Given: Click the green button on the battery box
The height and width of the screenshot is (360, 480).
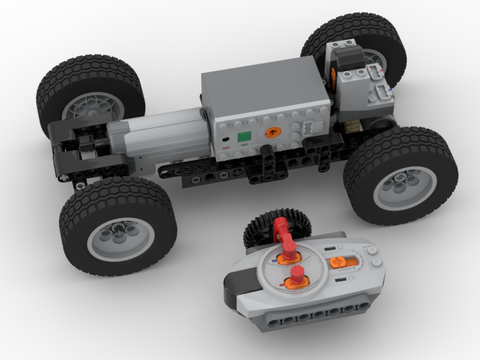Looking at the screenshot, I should click(244, 138).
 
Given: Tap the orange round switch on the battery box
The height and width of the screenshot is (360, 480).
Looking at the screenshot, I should click(272, 132).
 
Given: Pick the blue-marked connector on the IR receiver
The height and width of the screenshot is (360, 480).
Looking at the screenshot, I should click(383, 92).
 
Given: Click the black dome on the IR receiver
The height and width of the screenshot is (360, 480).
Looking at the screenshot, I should click(347, 59).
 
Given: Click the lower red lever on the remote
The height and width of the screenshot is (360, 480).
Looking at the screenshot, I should click(296, 279).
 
